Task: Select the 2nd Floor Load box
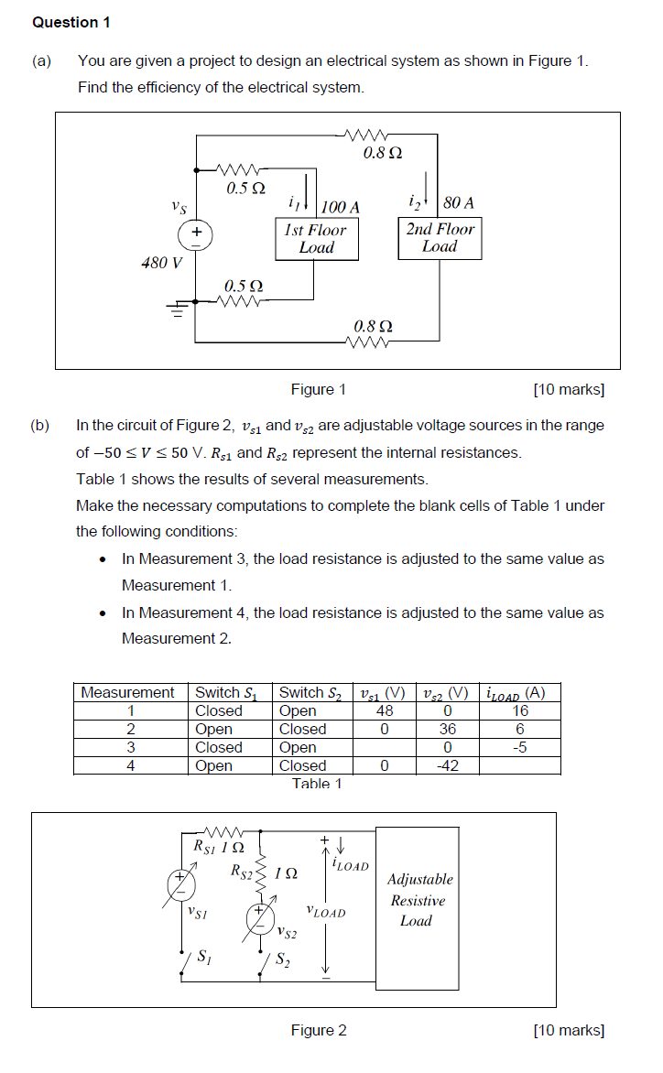point(440,238)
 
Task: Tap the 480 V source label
point(161,264)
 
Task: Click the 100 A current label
point(340,207)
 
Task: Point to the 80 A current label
point(457,202)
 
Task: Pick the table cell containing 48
point(385,711)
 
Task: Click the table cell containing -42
point(446,766)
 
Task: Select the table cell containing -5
point(519,748)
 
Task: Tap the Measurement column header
point(127,693)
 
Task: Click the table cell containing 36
point(446,730)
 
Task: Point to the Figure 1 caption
point(318,390)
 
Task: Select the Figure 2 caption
point(318,1031)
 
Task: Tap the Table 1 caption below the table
point(317,784)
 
